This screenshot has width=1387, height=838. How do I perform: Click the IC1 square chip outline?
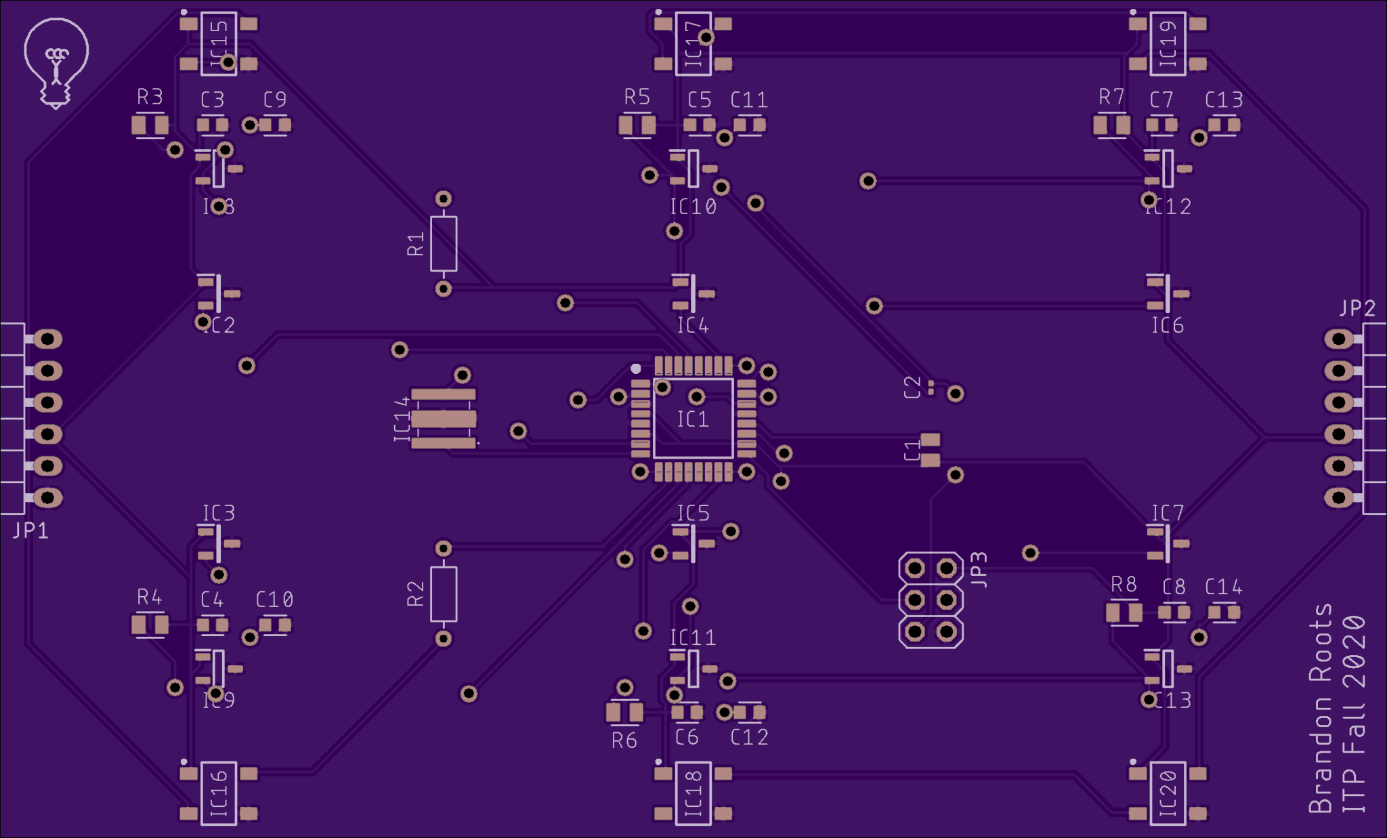693,419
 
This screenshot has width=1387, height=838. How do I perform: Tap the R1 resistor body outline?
444,244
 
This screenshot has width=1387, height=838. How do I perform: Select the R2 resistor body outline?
444,594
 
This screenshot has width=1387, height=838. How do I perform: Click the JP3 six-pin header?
931,600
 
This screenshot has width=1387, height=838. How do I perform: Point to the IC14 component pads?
444,419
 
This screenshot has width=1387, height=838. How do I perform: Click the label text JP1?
30,530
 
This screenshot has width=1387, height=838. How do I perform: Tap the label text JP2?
1357,308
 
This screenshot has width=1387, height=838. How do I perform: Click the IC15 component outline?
219,43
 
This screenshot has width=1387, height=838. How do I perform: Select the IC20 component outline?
1168,793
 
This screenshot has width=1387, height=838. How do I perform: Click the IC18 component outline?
693,793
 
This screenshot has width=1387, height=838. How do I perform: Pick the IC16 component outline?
219,793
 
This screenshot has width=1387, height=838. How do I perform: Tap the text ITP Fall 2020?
1354,713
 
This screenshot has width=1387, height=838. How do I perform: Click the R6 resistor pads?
624,712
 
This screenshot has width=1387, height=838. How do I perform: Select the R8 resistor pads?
1124,613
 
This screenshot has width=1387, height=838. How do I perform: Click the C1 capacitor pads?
931,451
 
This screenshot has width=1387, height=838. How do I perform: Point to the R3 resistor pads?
150,125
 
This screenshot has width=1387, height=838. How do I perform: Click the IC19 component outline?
1168,43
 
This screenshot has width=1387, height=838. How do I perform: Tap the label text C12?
749,737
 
